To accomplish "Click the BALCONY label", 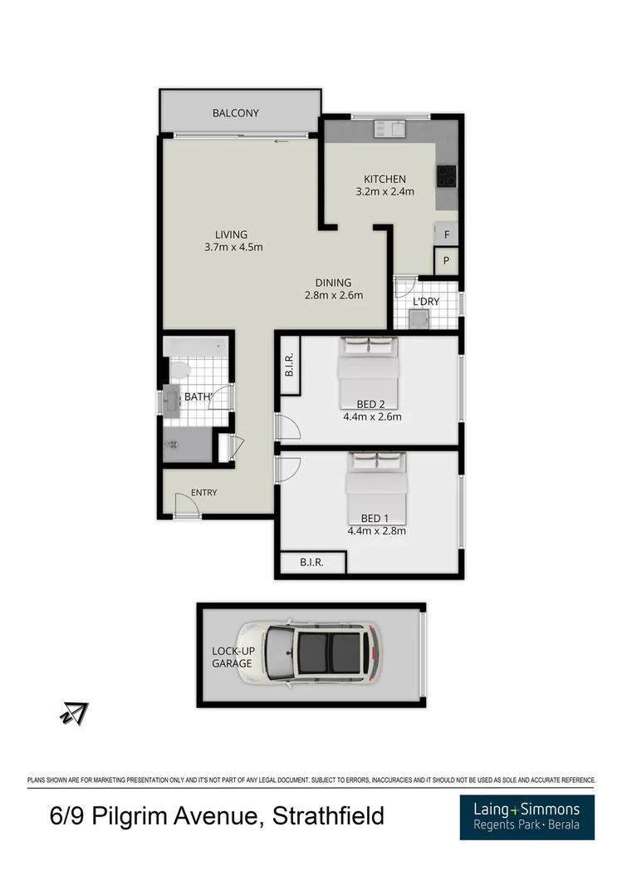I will (235, 113).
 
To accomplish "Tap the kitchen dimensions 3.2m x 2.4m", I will (384, 192).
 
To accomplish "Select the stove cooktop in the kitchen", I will (447, 175).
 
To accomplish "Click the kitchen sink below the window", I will (388, 128).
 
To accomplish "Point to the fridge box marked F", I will (447, 234).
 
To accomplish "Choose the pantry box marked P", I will (447, 261).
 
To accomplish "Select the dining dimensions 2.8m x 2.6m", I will (333, 294).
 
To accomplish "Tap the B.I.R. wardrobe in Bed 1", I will (311, 563).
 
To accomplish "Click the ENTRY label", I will (203, 493).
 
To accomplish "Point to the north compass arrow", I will (74, 712).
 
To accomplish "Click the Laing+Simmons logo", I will (527, 816).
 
